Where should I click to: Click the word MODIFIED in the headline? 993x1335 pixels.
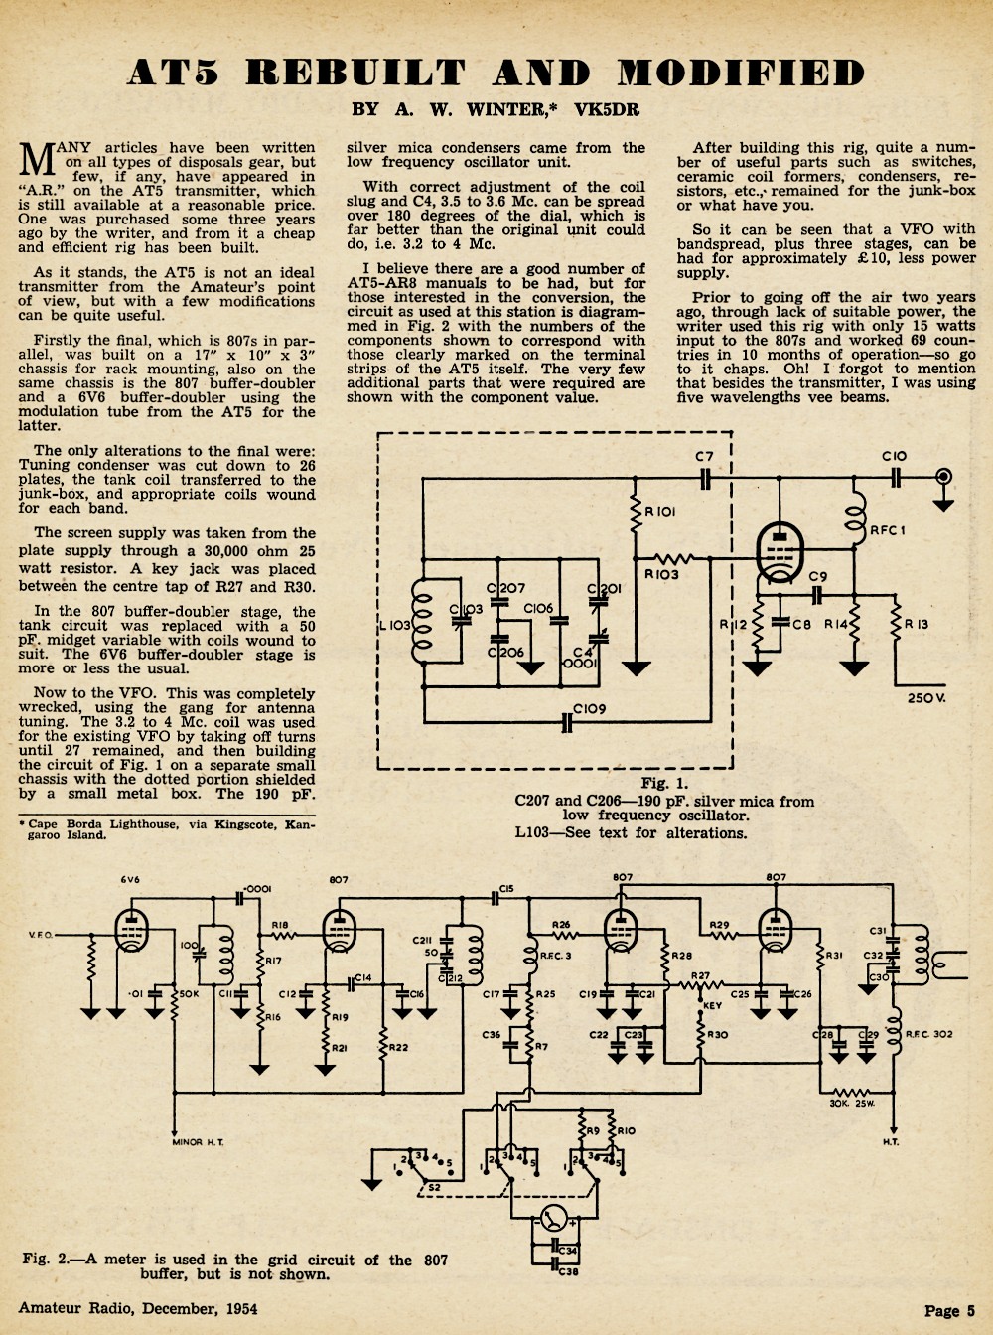(x=741, y=73)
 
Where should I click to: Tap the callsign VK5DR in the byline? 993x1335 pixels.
(x=607, y=109)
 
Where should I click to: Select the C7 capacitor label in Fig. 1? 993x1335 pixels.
(x=704, y=458)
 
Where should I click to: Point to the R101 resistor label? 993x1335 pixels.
(x=660, y=511)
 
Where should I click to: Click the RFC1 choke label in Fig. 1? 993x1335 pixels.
(x=888, y=530)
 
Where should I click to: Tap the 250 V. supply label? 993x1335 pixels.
(x=926, y=698)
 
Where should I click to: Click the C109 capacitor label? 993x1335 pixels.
(x=589, y=709)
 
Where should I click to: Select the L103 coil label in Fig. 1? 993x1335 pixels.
(x=395, y=626)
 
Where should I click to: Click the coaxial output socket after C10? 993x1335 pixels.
(x=943, y=478)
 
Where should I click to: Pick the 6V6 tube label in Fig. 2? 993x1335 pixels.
(x=130, y=879)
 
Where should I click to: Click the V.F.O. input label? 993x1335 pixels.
(x=41, y=935)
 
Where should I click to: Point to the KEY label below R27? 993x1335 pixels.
(x=712, y=1005)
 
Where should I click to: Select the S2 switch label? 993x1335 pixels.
(x=435, y=1187)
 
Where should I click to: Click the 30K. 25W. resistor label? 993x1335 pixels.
(x=852, y=1104)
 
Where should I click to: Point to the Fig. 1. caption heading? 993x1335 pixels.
(x=664, y=783)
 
